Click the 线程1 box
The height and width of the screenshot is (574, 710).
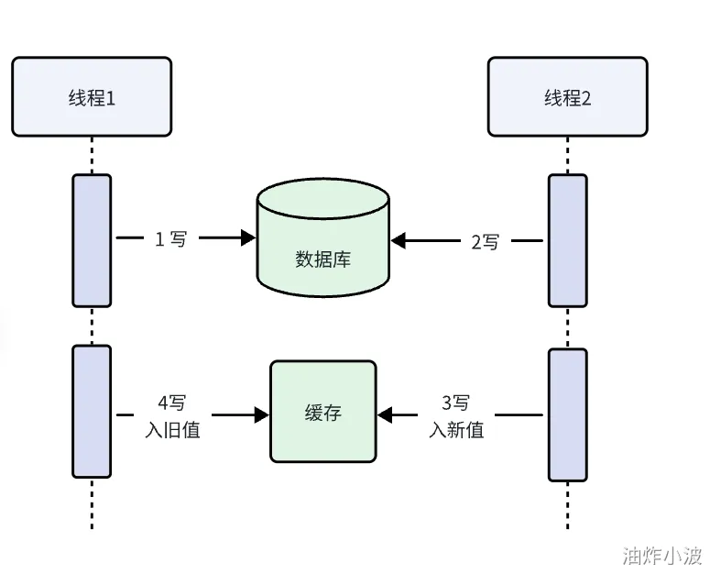click(92, 96)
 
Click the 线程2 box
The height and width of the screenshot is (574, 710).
click(568, 96)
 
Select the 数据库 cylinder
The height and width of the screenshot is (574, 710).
click(322, 237)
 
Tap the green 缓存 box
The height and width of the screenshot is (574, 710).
click(323, 412)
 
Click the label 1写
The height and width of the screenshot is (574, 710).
click(170, 238)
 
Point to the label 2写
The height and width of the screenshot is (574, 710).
click(485, 242)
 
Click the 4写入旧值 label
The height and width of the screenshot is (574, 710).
click(172, 416)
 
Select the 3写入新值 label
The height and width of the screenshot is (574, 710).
click(456, 416)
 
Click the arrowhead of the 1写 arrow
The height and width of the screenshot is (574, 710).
click(248, 237)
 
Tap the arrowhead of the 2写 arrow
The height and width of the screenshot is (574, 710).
click(398, 240)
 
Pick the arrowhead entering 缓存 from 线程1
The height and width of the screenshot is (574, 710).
click(262, 414)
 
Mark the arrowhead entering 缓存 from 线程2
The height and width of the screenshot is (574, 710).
click(385, 414)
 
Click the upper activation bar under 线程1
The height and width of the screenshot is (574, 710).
click(92, 240)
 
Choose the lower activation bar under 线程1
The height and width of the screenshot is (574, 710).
click(92, 412)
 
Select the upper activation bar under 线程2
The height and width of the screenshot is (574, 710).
click(568, 240)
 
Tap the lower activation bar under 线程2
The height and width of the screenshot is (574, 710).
click(568, 414)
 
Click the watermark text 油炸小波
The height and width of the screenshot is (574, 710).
click(662, 556)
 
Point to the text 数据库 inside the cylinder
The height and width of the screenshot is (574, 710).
click(322, 259)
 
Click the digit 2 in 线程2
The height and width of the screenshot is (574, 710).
click(586, 98)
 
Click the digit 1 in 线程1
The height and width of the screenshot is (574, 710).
click(110, 98)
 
